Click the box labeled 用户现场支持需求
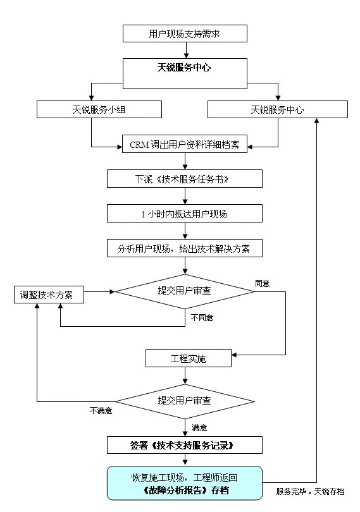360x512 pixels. (x=185, y=34)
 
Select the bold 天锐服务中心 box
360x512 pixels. (x=185, y=73)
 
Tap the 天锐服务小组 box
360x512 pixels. (x=99, y=109)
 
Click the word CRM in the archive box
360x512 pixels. (x=139, y=144)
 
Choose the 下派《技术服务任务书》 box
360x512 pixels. (x=184, y=179)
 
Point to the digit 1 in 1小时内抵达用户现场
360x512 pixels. (x=143, y=214)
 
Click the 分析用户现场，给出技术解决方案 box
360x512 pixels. (x=184, y=248)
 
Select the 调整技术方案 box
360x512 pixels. (x=49, y=295)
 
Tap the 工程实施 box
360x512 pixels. (x=189, y=358)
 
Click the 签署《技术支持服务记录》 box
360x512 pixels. (x=184, y=445)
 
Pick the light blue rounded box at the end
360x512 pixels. (x=185, y=483)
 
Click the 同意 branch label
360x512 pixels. (x=262, y=283)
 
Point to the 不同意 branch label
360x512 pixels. (x=202, y=317)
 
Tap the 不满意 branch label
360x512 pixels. (x=101, y=410)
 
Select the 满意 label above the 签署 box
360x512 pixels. (x=199, y=427)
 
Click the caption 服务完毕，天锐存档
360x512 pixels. (x=310, y=491)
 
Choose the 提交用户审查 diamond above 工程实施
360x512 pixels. (x=185, y=291)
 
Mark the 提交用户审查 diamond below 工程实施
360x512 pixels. (x=185, y=401)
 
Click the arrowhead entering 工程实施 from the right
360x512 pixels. (x=234, y=355)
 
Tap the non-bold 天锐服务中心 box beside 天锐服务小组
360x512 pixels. (x=278, y=109)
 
